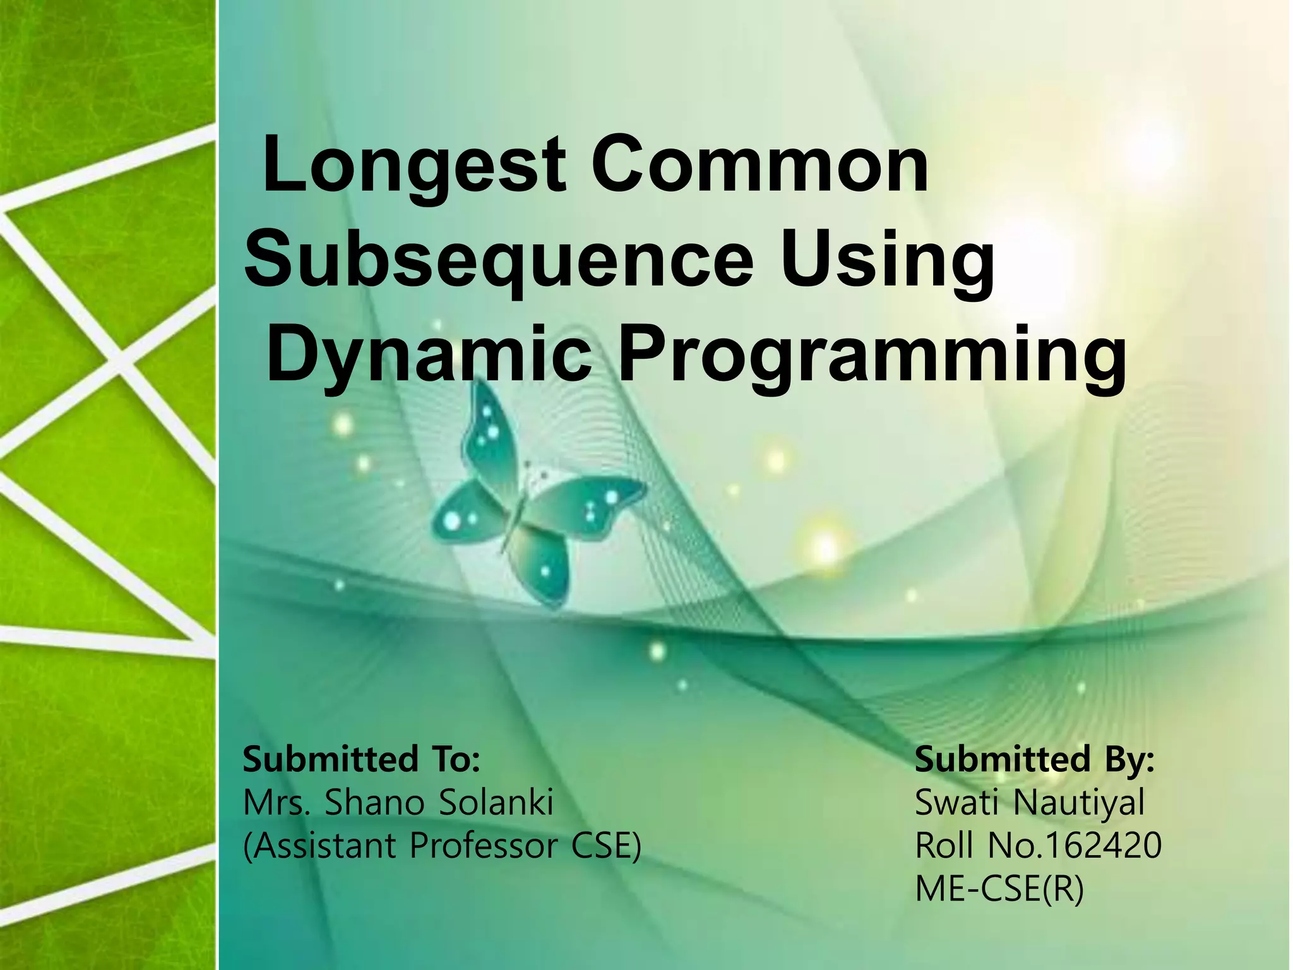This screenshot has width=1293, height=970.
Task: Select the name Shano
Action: coord(374,803)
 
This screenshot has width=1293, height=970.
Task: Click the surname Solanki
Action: coord(496,803)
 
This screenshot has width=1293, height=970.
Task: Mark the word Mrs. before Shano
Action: coord(276,803)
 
